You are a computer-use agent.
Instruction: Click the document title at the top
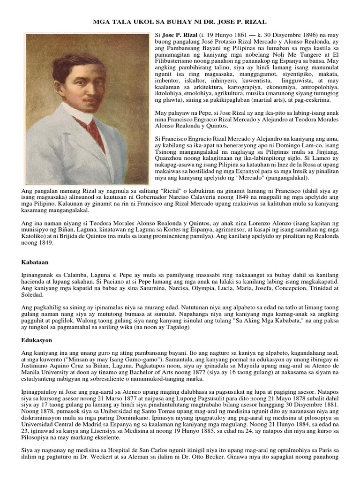point(180,22)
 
